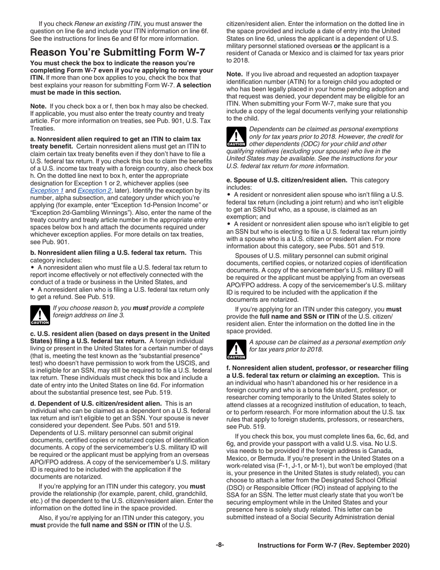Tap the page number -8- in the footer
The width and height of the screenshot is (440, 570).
click(220, 545)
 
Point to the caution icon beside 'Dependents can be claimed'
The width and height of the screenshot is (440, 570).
click(235, 136)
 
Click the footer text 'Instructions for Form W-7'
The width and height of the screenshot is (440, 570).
click(333, 545)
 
